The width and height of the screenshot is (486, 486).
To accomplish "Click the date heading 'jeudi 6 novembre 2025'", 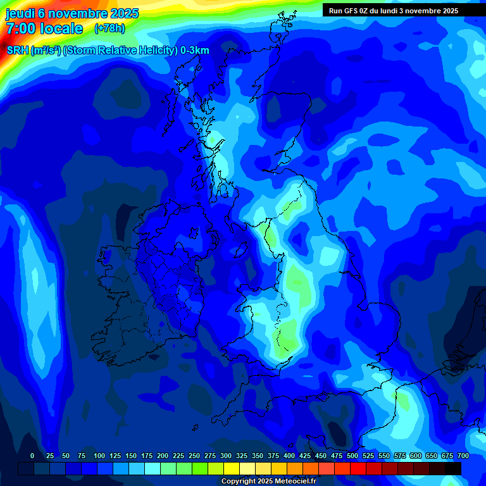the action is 72,13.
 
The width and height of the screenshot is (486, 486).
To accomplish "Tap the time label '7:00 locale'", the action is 44,28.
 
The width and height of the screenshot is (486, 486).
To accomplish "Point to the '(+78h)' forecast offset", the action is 109,28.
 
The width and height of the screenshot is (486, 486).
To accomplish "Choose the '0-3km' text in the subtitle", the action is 194,51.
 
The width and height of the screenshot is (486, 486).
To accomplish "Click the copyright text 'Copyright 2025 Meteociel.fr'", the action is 268,482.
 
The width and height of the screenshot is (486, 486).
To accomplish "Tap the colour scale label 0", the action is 32,456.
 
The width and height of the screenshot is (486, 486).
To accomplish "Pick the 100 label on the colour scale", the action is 99,456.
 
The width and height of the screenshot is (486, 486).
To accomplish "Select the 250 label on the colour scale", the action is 194,456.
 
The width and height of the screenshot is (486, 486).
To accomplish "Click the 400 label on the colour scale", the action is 289,456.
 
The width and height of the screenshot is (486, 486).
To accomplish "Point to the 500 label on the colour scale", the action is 352,456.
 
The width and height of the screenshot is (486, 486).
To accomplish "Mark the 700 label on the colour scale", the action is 463,456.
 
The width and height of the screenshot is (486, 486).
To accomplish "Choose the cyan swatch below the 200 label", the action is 153,468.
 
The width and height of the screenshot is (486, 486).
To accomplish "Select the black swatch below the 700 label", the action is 453,468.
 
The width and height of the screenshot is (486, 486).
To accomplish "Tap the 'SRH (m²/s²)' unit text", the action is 34,51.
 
